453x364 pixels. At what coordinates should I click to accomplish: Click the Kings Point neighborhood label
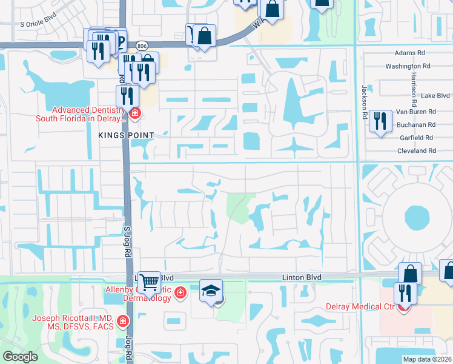127,135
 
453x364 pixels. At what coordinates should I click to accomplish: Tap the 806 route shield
142,45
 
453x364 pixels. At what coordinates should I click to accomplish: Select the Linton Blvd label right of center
302,277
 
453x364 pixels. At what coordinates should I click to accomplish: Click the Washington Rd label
408,66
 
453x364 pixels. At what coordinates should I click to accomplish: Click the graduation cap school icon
211,291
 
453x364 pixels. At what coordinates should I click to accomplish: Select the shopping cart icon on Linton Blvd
150,282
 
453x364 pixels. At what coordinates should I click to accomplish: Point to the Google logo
20,357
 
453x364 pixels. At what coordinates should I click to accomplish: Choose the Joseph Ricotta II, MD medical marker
123,320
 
